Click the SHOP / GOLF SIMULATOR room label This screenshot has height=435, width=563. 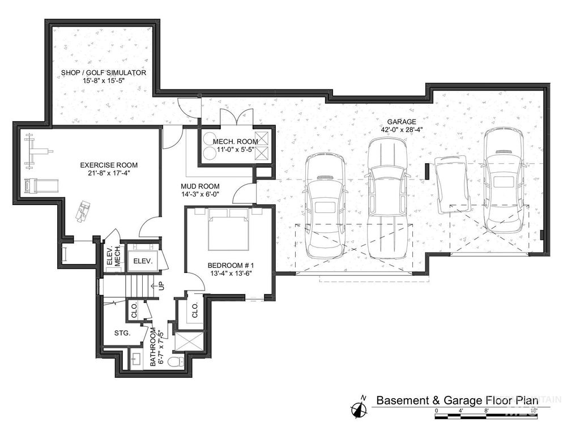pos(104,73)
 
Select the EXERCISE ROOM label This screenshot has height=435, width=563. pos(109,165)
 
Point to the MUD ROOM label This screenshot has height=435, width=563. pos(200,186)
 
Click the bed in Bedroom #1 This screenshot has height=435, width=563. pos(229,229)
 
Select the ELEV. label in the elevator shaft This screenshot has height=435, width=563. pos(140,261)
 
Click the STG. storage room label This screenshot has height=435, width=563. pos(122,333)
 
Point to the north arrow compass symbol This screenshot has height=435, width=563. pos(359,409)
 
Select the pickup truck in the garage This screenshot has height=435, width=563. pos(388,198)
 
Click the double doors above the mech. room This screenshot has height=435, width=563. pos(237,118)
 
